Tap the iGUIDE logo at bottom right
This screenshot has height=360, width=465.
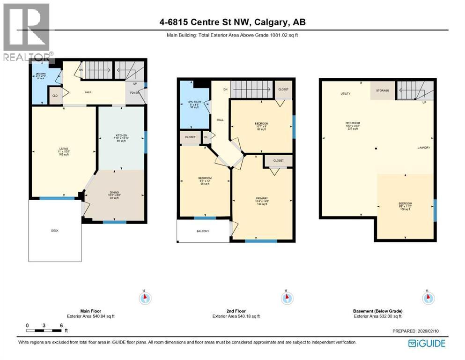[427, 344]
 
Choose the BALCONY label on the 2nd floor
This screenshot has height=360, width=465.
[203, 231]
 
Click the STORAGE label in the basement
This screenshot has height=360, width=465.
[383, 90]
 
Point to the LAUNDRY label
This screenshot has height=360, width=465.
[424, 148]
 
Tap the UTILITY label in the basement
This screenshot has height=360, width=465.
[346, 94]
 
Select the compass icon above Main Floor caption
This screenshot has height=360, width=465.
[145, 298]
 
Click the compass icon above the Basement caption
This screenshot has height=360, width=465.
[428, 298]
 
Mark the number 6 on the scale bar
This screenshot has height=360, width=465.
[61, 325]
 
